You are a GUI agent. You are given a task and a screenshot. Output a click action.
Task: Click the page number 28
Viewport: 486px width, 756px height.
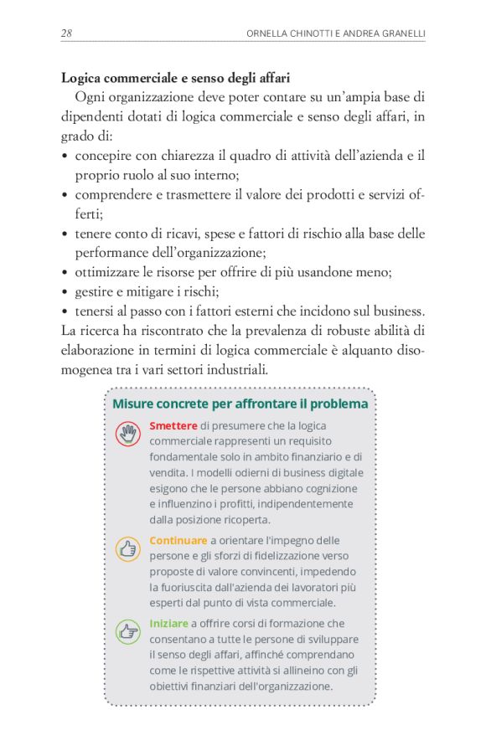point(66,33)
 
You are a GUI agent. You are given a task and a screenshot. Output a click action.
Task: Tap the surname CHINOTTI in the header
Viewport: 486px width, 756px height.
point(310,34)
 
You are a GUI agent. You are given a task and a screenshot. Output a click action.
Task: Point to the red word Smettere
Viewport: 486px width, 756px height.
point(173,425)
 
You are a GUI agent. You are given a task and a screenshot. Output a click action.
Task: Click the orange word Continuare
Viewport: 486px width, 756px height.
point(178,541)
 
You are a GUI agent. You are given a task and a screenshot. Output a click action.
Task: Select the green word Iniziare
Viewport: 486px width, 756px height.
point(168,624)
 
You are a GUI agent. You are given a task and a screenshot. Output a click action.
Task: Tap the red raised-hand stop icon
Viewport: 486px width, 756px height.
point(128,434)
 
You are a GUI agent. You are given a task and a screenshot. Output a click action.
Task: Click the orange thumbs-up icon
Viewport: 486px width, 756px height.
point(128,549)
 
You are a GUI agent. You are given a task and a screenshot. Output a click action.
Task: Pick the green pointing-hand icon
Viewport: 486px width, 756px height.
point(128,632)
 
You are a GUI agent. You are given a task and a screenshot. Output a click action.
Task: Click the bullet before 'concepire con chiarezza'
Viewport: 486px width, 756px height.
point(65,157)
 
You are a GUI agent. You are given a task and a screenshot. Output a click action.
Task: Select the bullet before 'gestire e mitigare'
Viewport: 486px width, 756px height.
point(65,291)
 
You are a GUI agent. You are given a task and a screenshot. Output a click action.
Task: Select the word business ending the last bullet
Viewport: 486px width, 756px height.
point(394,311)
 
